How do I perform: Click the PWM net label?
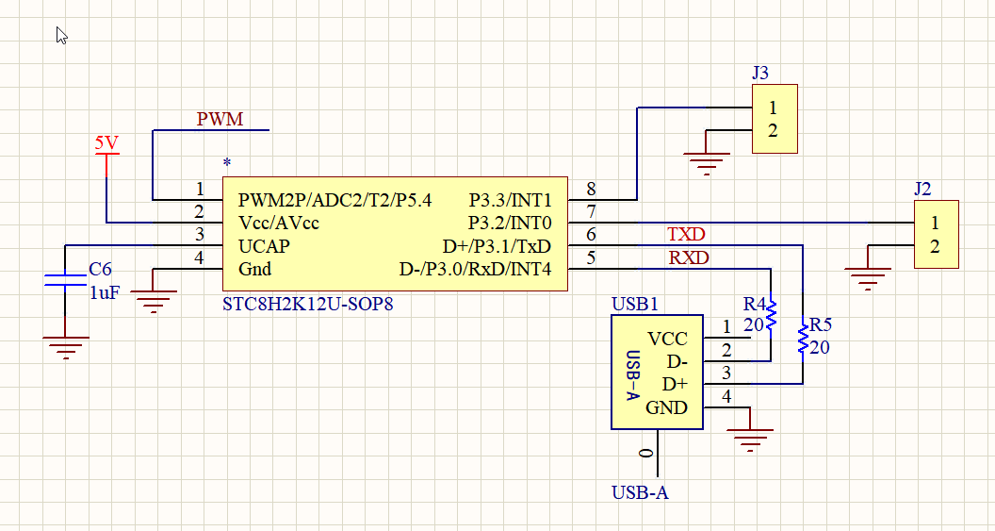[220, 120]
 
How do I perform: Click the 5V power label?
[106, 143]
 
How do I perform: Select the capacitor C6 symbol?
[65, 279]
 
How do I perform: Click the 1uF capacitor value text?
[105, 293]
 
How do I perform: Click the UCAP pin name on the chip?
[264, 246]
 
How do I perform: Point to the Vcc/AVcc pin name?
[279, 224]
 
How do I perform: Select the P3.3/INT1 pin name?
[510, 201]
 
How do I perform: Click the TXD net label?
[686, 235]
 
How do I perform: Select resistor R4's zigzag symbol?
[771, 314]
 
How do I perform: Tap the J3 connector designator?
[760, 73]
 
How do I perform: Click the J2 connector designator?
[922, 189]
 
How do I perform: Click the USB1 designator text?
[635, 305]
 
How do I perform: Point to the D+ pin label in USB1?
[675, 384]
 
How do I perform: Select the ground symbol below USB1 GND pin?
[750, 440]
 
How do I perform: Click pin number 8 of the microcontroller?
[591, 190]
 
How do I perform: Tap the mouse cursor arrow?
[61, 36]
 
